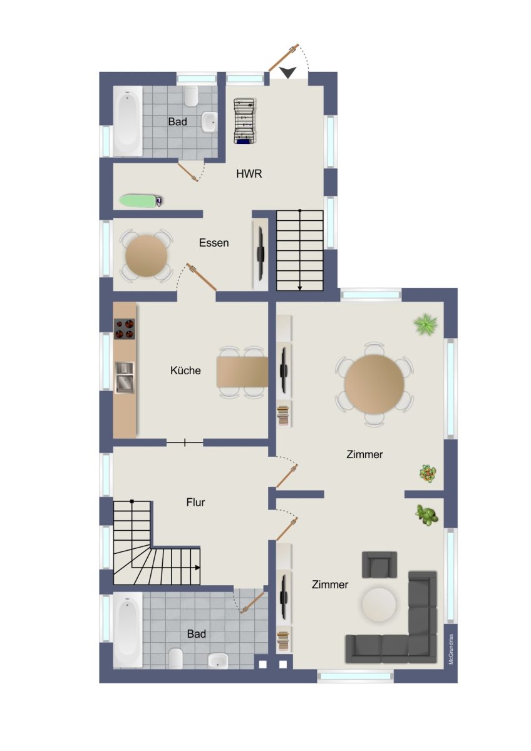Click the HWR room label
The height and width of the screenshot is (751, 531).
(249, 174)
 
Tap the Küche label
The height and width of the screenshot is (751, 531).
(185, 370)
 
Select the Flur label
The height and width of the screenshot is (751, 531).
(195, 502)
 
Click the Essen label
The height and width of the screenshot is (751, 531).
(214, 243)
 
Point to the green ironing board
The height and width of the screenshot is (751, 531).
(141, 200)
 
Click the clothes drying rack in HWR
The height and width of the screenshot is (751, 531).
(245, 121)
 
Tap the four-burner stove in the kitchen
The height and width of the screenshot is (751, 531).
(125, 329)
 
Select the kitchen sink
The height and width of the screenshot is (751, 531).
(125, 377)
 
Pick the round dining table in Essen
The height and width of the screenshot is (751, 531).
(147, 256)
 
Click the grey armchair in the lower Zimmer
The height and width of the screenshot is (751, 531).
(379, 565)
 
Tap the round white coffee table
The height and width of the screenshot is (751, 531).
(379, 605)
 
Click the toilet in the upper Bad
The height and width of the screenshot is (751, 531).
(191, 96)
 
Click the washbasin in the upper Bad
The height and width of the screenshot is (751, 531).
(209, 122)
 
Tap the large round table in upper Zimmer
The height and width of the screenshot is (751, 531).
(374, 384)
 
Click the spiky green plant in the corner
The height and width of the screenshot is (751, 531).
(425, 325)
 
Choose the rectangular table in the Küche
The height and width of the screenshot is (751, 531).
(242, 372)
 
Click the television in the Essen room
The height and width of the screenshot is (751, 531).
(260, 253)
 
